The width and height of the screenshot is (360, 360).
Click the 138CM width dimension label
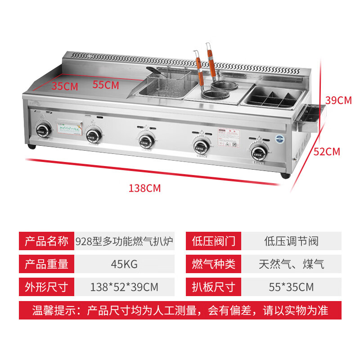[x=144, y=189]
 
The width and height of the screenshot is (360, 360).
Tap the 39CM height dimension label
[x=338, y=100]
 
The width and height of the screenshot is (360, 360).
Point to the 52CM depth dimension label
[x=327, y=152]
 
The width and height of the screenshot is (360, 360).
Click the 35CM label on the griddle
[x=64, y=85]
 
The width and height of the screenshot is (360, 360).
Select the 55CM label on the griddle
[x=106, y=84]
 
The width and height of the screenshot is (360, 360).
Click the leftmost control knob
[x=43, y=131]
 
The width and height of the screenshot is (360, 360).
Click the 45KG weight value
[x=124, y=264]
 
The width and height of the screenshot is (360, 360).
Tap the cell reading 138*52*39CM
[x=124, y=287]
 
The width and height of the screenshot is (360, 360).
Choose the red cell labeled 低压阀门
[x=214, y=241]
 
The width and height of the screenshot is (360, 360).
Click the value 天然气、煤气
[x=291, y=264]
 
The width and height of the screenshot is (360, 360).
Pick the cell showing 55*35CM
[x=291, y=287]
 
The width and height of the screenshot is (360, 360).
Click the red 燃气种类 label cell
[x=214, y=264]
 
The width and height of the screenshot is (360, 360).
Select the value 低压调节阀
[x=291, y=241]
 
